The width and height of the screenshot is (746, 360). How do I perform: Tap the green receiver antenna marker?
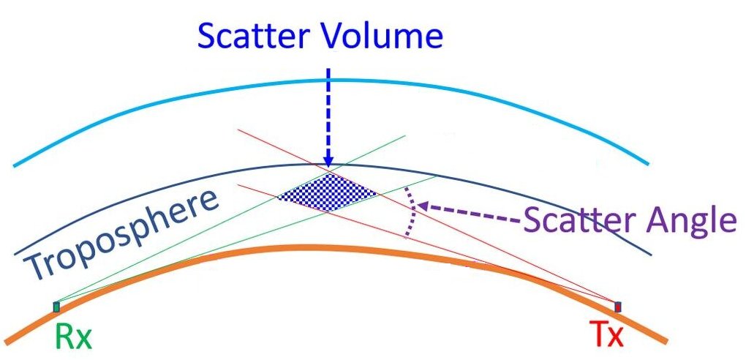[56, 307]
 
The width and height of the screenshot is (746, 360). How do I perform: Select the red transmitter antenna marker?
[617, 307]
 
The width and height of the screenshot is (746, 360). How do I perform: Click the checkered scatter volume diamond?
[328, 192]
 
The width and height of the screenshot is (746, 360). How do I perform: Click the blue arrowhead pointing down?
[328, 160]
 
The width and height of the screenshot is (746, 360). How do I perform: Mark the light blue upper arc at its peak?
[328, 80]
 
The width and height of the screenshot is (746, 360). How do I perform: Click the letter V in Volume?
[335, 36]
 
